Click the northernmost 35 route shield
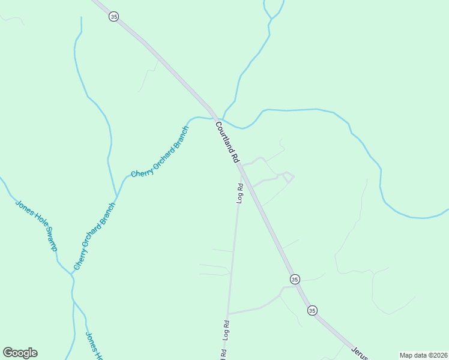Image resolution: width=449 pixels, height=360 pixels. (x=113, y=17)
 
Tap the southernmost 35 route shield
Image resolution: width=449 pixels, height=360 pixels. (x=312, y=310)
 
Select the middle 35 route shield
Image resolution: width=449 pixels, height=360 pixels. (x=294, y=279)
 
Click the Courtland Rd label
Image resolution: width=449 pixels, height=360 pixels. (x=228, y=143)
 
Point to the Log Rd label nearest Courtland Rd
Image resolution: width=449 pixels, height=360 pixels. (x=240, y=193)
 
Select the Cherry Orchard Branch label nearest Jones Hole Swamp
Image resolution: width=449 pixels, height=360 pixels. (x=94, y=235)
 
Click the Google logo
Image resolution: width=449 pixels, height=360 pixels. (x=20, y=353)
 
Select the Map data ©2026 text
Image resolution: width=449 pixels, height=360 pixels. (x=423, y=355)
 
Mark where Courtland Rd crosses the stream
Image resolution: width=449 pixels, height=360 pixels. (x=215, y=118)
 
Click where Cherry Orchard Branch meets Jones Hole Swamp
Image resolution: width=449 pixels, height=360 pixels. (x=71, y=274)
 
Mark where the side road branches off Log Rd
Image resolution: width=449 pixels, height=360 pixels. (x=228, y=313)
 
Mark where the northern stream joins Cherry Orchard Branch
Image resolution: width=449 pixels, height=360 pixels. (x=116, y=196)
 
